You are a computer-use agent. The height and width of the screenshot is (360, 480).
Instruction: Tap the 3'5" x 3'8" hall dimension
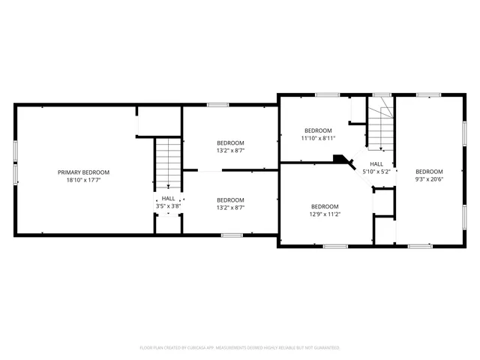[x=169, y=205]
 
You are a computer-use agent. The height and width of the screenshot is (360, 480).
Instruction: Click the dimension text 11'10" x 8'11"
[x=323, y=138]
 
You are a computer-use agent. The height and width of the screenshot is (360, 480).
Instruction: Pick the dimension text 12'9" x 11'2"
[x=325, y=214]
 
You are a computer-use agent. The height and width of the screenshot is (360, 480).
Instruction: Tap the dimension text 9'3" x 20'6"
[x=430, y=178]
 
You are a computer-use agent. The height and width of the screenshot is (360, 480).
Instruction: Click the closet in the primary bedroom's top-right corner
[x=159, y=121]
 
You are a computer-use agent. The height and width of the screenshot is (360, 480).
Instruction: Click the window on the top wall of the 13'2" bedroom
[x=218, y=105]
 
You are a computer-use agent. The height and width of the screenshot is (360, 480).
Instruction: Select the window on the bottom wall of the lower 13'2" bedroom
[x=232, y=235]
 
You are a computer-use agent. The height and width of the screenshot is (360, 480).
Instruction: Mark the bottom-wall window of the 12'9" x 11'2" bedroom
[x=333, y=246]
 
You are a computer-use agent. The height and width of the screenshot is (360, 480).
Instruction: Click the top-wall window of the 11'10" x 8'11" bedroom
[x=327, y=94]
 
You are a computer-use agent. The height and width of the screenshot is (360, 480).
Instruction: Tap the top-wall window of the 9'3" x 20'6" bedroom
[x=428, y=94]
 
